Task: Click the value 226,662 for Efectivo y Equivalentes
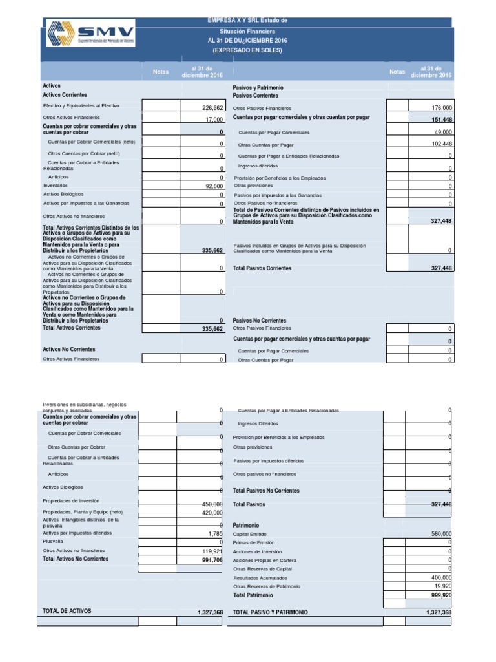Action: [212, 109]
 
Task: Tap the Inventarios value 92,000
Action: [214, 186]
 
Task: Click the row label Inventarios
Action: [56, 185]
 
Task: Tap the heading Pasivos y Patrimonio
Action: [258, 87]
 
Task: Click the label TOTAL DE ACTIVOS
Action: [67, 610]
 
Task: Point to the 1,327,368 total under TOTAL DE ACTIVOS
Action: [210, 612]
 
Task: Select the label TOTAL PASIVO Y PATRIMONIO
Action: [270, 612]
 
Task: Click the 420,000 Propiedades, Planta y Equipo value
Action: [212, 513]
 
